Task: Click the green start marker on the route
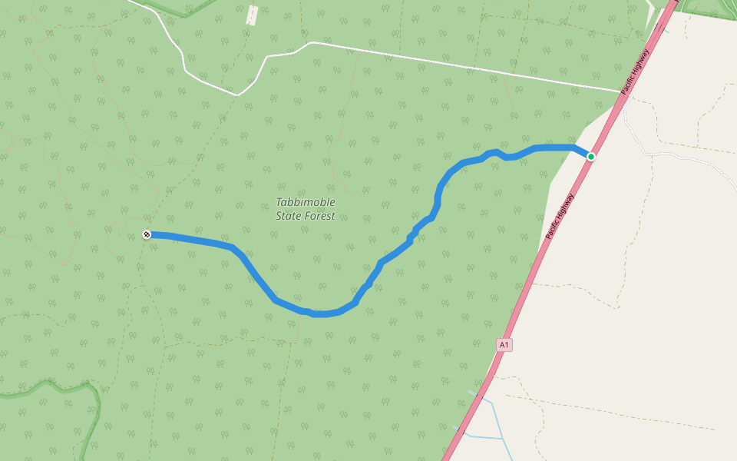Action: (x=590, y=157)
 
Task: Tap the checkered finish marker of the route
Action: (x=147, y=234)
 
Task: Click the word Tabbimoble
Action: (x=306, y=203)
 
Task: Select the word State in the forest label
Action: (x=289, y=216)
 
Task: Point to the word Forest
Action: (x=320, y=216)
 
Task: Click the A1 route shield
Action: (x=504, y=345)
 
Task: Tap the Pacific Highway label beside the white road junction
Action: (x=636, y=71)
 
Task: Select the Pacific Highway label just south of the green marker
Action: (x=560, y=216)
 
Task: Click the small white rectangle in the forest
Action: (x=251, y=15)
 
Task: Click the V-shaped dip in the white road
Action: (x=238, y=95)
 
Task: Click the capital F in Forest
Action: (x=309, y=216)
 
